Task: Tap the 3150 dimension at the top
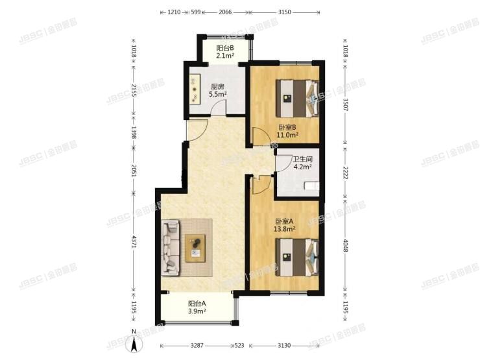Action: [x=284, y=12]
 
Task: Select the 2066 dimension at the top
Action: [x=225, y=12]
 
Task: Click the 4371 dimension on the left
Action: [x=134, y=241]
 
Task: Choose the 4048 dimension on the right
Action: [x=346, y=241]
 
